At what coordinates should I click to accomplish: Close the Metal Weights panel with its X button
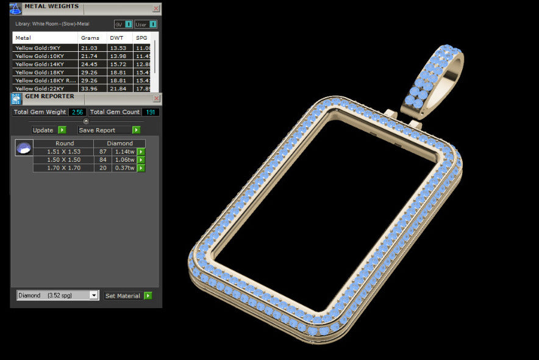point(156,9)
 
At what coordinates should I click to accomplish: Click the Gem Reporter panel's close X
point(156,98)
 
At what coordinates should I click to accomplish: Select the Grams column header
point(90,38)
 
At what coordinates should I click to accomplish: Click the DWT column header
point(116,38)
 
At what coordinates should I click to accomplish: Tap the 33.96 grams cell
point(90,88)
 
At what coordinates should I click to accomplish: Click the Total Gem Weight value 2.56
point(77,112)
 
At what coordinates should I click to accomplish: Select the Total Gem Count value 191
point(150,112)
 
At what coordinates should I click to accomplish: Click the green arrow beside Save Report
point(136,130)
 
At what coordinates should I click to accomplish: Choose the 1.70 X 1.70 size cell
point(63,168)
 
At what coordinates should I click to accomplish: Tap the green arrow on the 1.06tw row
point(141,160)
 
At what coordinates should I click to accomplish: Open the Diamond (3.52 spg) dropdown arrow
point(93,295)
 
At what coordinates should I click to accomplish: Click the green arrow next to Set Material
point(148,296)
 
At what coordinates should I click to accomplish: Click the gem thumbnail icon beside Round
point(24,148)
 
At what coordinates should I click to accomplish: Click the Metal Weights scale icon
point(16,8)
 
